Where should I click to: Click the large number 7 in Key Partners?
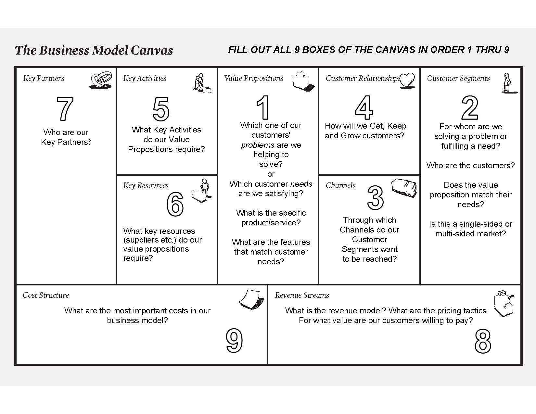65,109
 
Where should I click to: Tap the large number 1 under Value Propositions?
263,107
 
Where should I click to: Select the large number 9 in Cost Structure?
234,341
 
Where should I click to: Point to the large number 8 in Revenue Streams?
483,341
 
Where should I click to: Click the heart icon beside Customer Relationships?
407,80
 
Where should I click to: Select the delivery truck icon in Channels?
404,188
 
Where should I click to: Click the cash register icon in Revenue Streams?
504,303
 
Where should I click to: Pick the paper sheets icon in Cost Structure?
251,299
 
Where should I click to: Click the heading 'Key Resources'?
146,185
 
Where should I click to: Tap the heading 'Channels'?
340,185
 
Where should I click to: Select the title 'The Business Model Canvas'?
94,50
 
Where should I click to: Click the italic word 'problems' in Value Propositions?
258,145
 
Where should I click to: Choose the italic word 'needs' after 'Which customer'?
301,184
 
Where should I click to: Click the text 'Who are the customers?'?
470,166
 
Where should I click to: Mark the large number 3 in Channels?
375,197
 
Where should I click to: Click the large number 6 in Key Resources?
175,204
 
